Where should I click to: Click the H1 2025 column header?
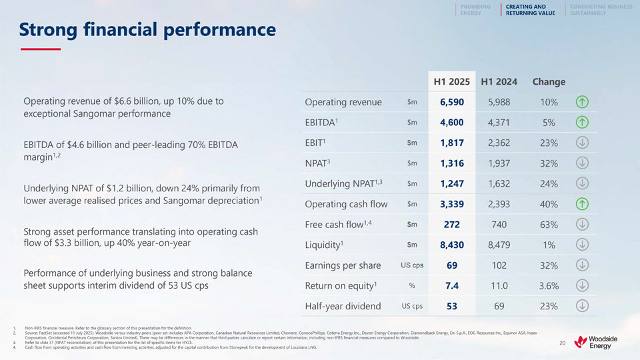(x=451, y=81)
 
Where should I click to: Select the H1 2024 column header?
(x=499, y=81)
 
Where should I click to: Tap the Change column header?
(x=549, y=81)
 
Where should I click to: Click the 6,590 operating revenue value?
(x=451, y=102)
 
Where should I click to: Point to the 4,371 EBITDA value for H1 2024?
(x=499, y=123)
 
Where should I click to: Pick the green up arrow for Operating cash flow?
(x=582, y=204)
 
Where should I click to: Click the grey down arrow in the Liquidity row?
(x=582, y=245)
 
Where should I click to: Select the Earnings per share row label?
(x=343, y=265)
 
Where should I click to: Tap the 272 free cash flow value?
(x=451, y=225)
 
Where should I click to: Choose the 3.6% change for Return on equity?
(x=549, y=286)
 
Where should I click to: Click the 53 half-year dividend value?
(x=451, y=307)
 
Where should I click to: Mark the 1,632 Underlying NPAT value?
(x=499, y=184)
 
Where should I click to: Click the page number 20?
(x=562, y=343)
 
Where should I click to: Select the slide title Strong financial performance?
(x=147, y=30)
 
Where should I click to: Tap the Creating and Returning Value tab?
(x=530, y=9)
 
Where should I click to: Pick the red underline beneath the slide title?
(x=40, y=49)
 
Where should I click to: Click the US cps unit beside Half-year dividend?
(x=412, y=306)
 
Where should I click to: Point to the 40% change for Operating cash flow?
(x=549, y=204)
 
